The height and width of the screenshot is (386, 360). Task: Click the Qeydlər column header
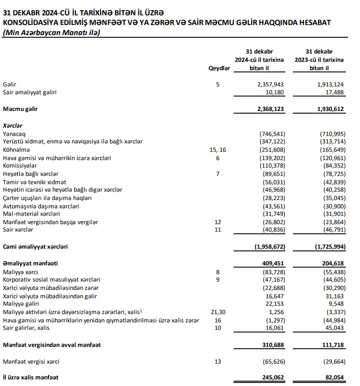pyautogui.click(x=220, y=68)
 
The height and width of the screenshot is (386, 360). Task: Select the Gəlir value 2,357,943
pyautogui.click(x=271, y=84)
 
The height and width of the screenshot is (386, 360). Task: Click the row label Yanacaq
pyautogui.click(x=15, y=133)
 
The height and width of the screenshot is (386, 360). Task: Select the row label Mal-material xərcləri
pyautogui.click(x=31, y=214)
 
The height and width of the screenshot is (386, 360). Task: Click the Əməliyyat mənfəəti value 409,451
pyautogui.click(x=274, y=264)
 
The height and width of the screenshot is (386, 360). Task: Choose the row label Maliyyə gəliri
pyautogui.click(x=21, y=304)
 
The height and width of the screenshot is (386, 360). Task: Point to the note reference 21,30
pyautogui.click(x=218, y=312)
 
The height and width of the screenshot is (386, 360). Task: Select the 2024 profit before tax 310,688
pyautogui.click(x=274, y=345)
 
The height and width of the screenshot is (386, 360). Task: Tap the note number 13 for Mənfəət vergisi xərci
pyautogui.click(x=218, y=362)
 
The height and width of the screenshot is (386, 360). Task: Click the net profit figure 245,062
pyautogui.click(x=274, y=377)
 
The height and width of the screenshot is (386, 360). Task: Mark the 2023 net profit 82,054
pyautogui.click(x=334, y=377)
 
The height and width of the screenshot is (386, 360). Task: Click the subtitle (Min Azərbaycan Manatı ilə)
pyautogui.click(x=51, y=32)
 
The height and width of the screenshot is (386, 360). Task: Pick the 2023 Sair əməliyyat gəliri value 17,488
pyautogui.click(x=334, y=93)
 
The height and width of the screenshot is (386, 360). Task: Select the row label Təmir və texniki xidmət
pyautogui.click(x=34, y=182)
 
